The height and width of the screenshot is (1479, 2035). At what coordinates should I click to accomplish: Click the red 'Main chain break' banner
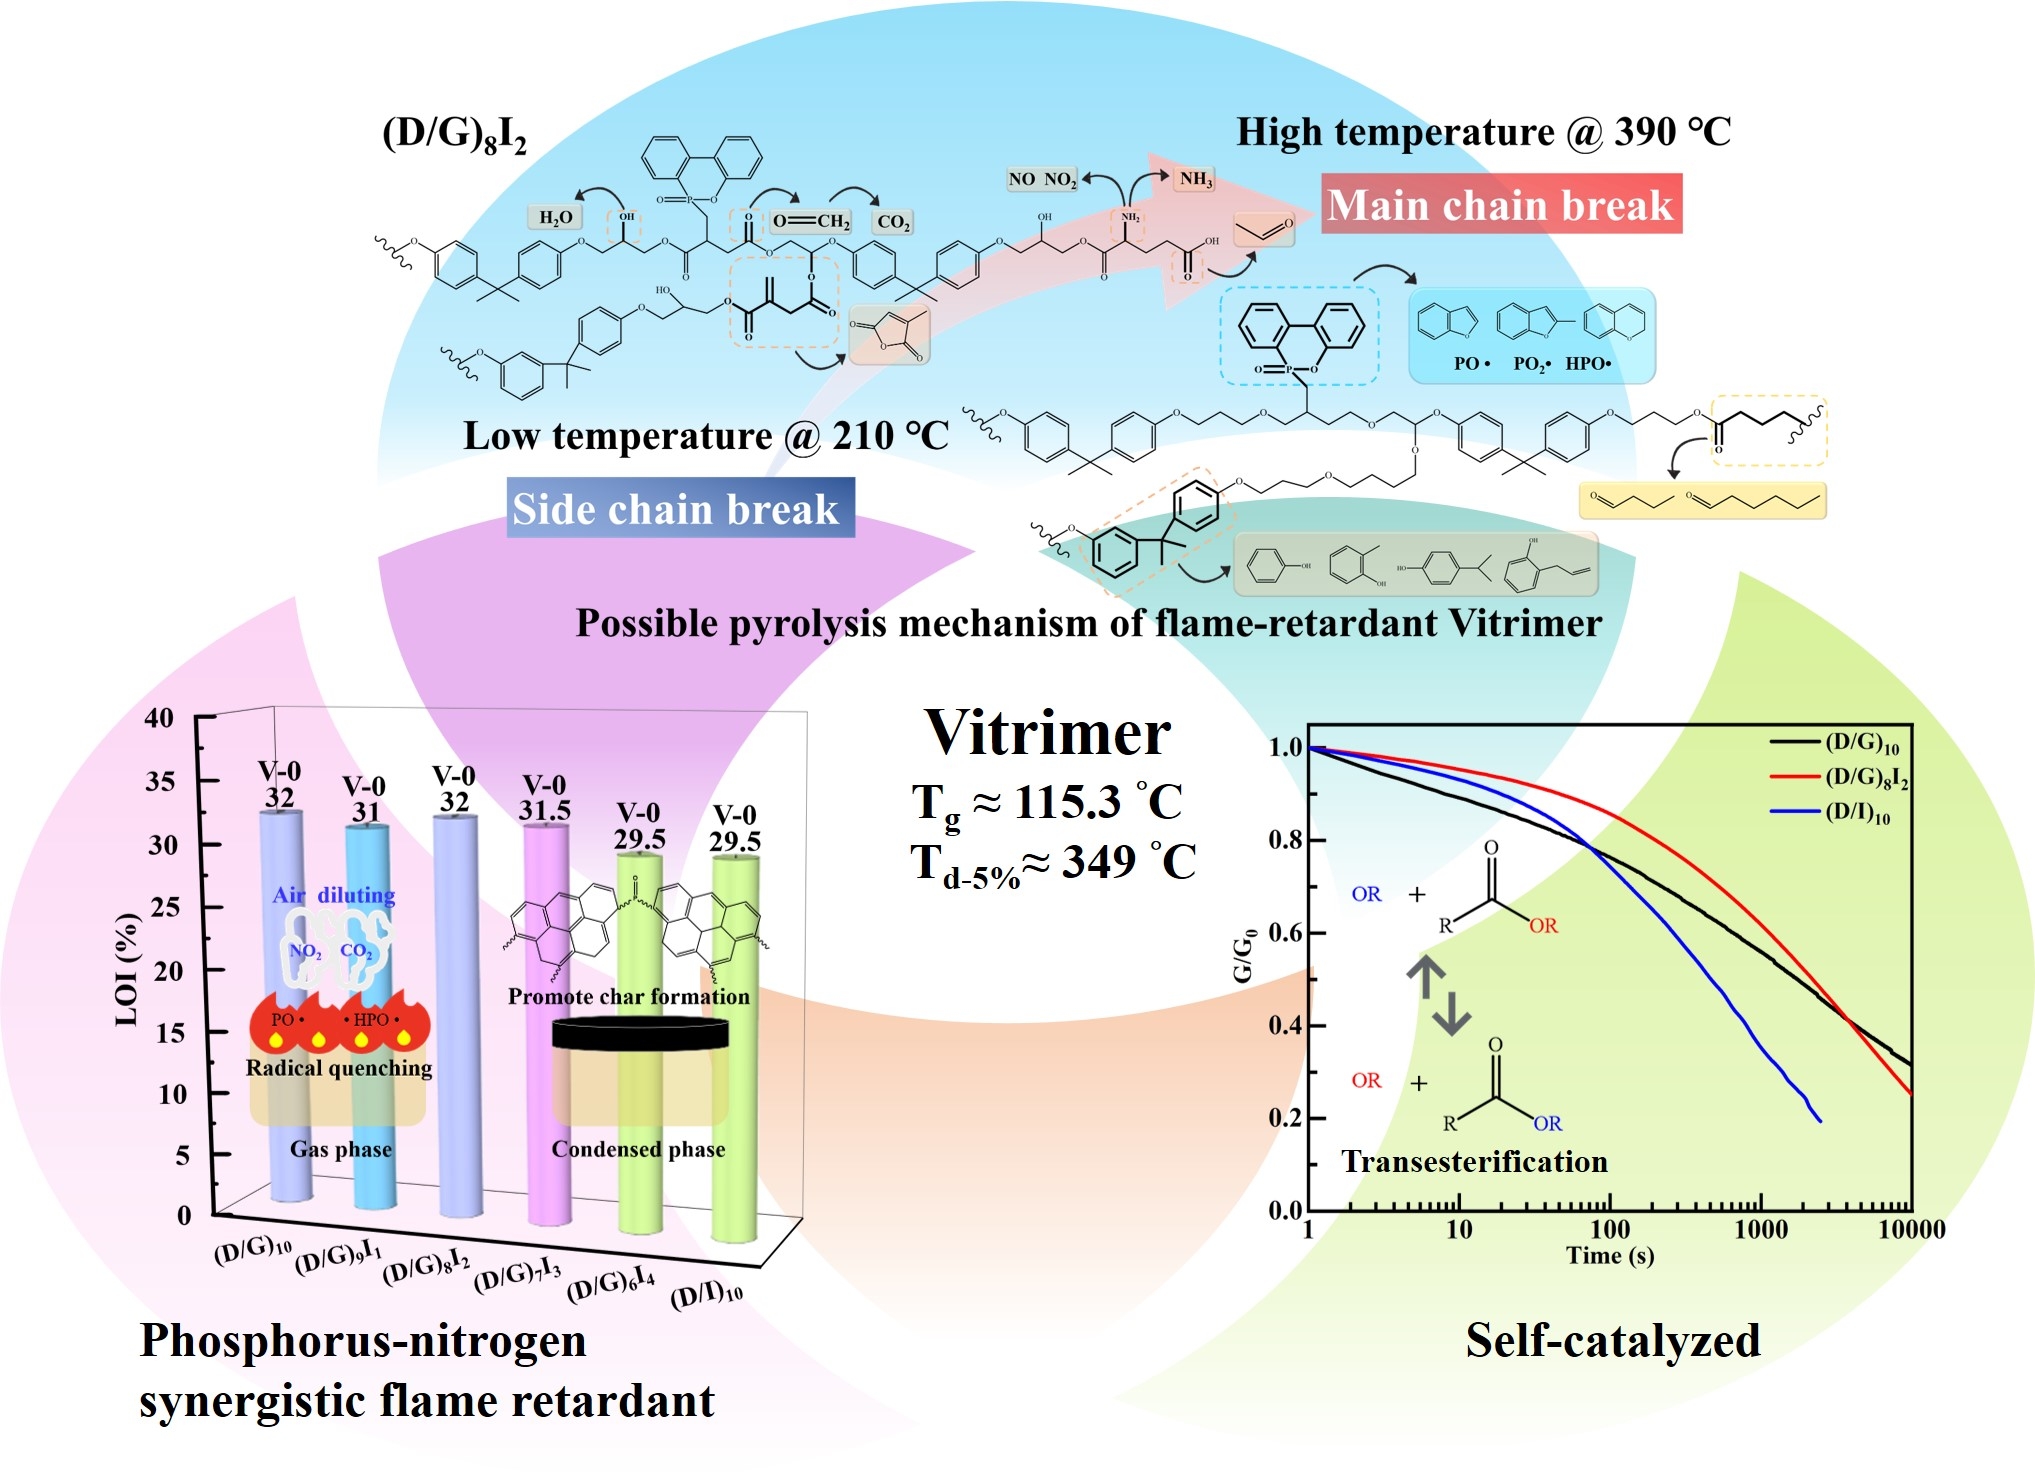pos(1500,205)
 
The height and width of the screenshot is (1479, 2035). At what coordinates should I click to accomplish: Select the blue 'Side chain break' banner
pos(679,509)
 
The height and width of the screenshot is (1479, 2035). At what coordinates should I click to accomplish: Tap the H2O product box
pos(556,218)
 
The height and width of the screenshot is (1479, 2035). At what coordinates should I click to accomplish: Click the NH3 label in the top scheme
pos(1196,179)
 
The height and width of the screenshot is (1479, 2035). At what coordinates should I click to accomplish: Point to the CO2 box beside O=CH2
pos(893,222)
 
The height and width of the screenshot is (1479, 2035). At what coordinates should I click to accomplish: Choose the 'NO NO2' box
pos(1042,180)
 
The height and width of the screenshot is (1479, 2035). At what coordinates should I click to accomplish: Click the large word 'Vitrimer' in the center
pos(1047,733)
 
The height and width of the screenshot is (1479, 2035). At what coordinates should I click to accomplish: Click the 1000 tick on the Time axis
pos(1760,1229)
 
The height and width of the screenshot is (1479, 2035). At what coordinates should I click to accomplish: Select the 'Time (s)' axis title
pos(1609,1256)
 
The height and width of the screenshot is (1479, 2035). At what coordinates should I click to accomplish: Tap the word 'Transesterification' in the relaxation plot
pos(1474,1162)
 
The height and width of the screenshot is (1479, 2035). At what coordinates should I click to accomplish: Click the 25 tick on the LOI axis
pos(166,908)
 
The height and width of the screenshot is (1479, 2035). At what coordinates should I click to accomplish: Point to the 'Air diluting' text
pos(334,895)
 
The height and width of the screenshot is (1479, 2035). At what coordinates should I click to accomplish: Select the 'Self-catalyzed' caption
pos(1612,1341)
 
